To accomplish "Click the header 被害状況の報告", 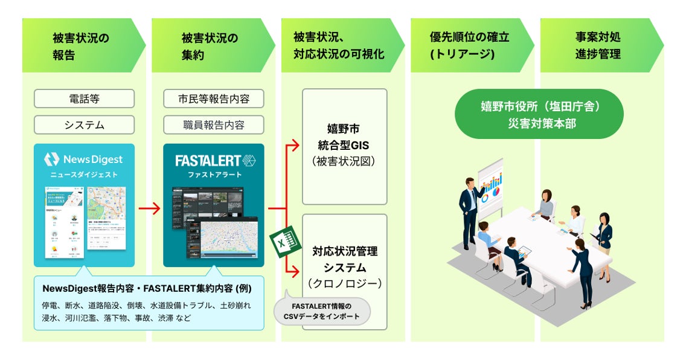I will (x=81, y=46).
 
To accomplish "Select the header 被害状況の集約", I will (x=210, y=46).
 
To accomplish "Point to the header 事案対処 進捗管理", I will (x=598, y=46).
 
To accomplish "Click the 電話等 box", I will (x=84, y=98).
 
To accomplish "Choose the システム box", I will (x=84, y=125).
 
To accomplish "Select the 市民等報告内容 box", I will (x=214, y=98).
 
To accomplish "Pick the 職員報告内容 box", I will (x=214, y=125).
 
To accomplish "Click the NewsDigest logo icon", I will (x=53, y=159).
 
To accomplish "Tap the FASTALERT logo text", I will (x=207, y=161).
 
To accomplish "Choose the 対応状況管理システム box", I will (x=344, y=266).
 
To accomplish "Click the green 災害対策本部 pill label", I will (x=539, y=114).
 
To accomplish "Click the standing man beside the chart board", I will (x=469, y=211).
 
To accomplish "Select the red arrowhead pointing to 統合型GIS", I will (x=295, y=145).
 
